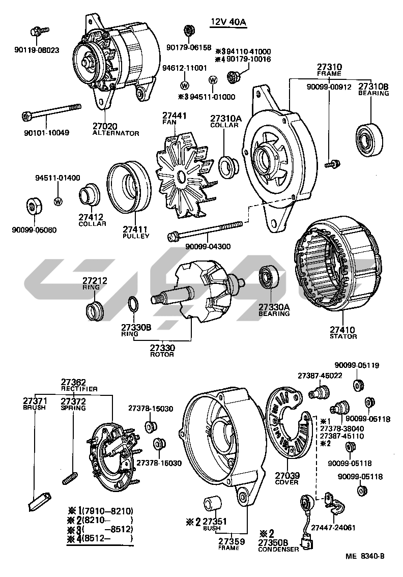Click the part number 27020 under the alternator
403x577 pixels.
(104, 126)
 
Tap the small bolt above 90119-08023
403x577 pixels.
(39, 31)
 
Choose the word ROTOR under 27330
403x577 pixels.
(162, 354)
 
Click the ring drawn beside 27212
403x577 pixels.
(94, 309)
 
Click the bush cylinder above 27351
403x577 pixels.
(213, 504)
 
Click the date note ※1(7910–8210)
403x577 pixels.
(100, 510)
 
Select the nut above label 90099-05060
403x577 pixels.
(34, 207)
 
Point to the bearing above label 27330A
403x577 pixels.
(268, 277)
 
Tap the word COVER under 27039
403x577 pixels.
(287, 482)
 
